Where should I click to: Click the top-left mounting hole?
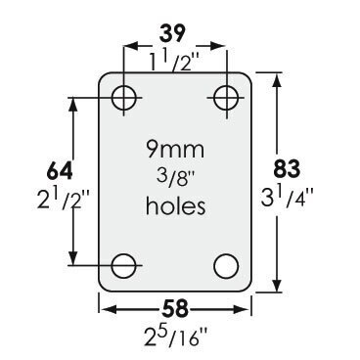(124, 98)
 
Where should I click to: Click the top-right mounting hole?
(226, 98)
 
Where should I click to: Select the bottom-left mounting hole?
(123, 266)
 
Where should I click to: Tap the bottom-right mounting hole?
(226, 266)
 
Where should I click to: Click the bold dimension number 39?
(173, 33)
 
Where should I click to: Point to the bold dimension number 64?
(60, 171)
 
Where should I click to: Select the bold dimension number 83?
(287, 169)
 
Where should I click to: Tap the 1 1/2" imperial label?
(173, 61)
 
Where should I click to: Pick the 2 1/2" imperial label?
(64, 200)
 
